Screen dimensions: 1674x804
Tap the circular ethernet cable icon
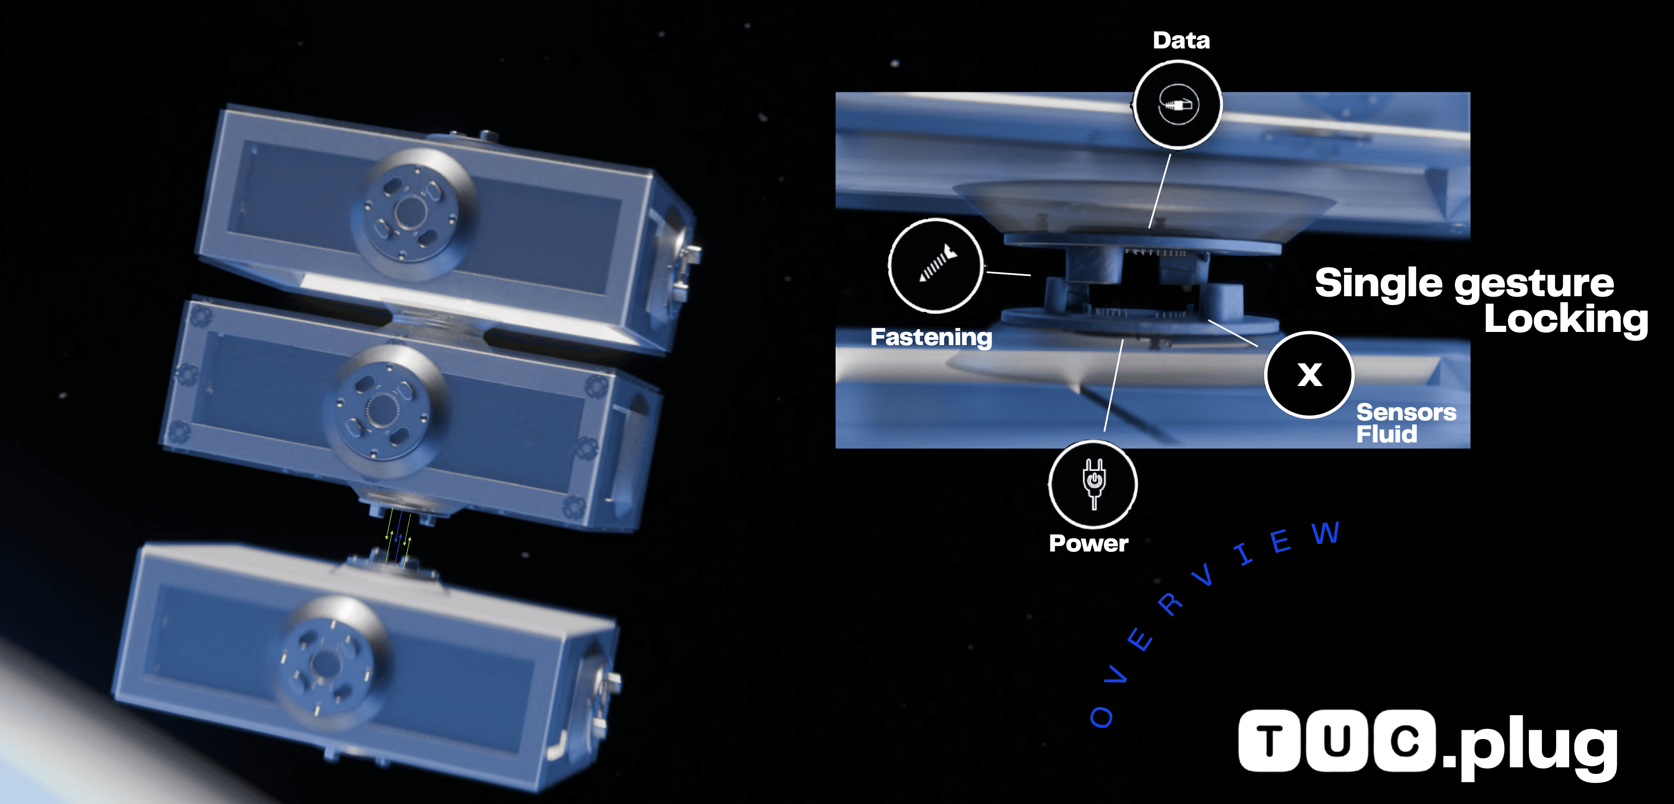point(1178,105)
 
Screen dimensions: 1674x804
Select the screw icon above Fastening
point(936,265)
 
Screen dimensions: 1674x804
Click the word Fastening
point(931,337)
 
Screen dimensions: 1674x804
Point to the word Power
point(1088,544)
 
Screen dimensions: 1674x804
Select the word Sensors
point(1406,412)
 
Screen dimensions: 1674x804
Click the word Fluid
point(1387,434)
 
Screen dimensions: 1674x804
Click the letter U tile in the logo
point(1336,741)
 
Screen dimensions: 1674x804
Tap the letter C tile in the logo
point(1404,741)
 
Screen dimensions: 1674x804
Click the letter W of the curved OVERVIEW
point(1326,533)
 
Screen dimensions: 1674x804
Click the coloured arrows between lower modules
point(399,539)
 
